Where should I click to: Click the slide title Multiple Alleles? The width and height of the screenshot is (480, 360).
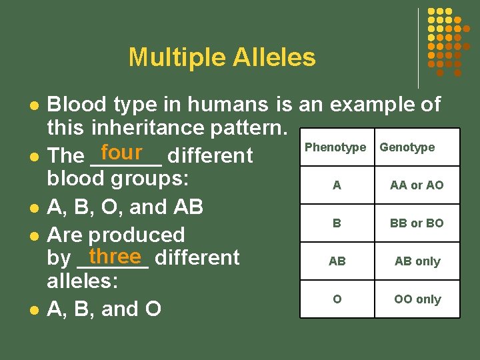[x=222, y=57]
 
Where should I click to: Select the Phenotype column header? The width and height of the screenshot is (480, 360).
[x=335, y=147]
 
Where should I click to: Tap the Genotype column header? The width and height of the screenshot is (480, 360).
[x=407, y=147]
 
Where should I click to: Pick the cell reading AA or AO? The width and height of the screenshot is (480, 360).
[x=417, y=185]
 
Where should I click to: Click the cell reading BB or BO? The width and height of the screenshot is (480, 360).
[x=417, y=223]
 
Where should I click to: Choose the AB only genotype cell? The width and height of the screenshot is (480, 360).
[x=417, y=261]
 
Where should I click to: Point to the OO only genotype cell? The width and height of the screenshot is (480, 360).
[x=417, y=299]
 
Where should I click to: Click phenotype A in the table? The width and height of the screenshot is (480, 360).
[x=337, y=185]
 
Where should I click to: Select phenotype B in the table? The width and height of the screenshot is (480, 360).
[x=337, y=223]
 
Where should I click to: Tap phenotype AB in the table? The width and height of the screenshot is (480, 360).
[x=337, y=261]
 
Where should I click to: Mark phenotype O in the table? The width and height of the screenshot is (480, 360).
[x=337, y=299]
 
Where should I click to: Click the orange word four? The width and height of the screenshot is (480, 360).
[x=122, y=153]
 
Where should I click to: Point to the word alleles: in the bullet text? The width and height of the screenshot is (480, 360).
[x=82, y=281]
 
